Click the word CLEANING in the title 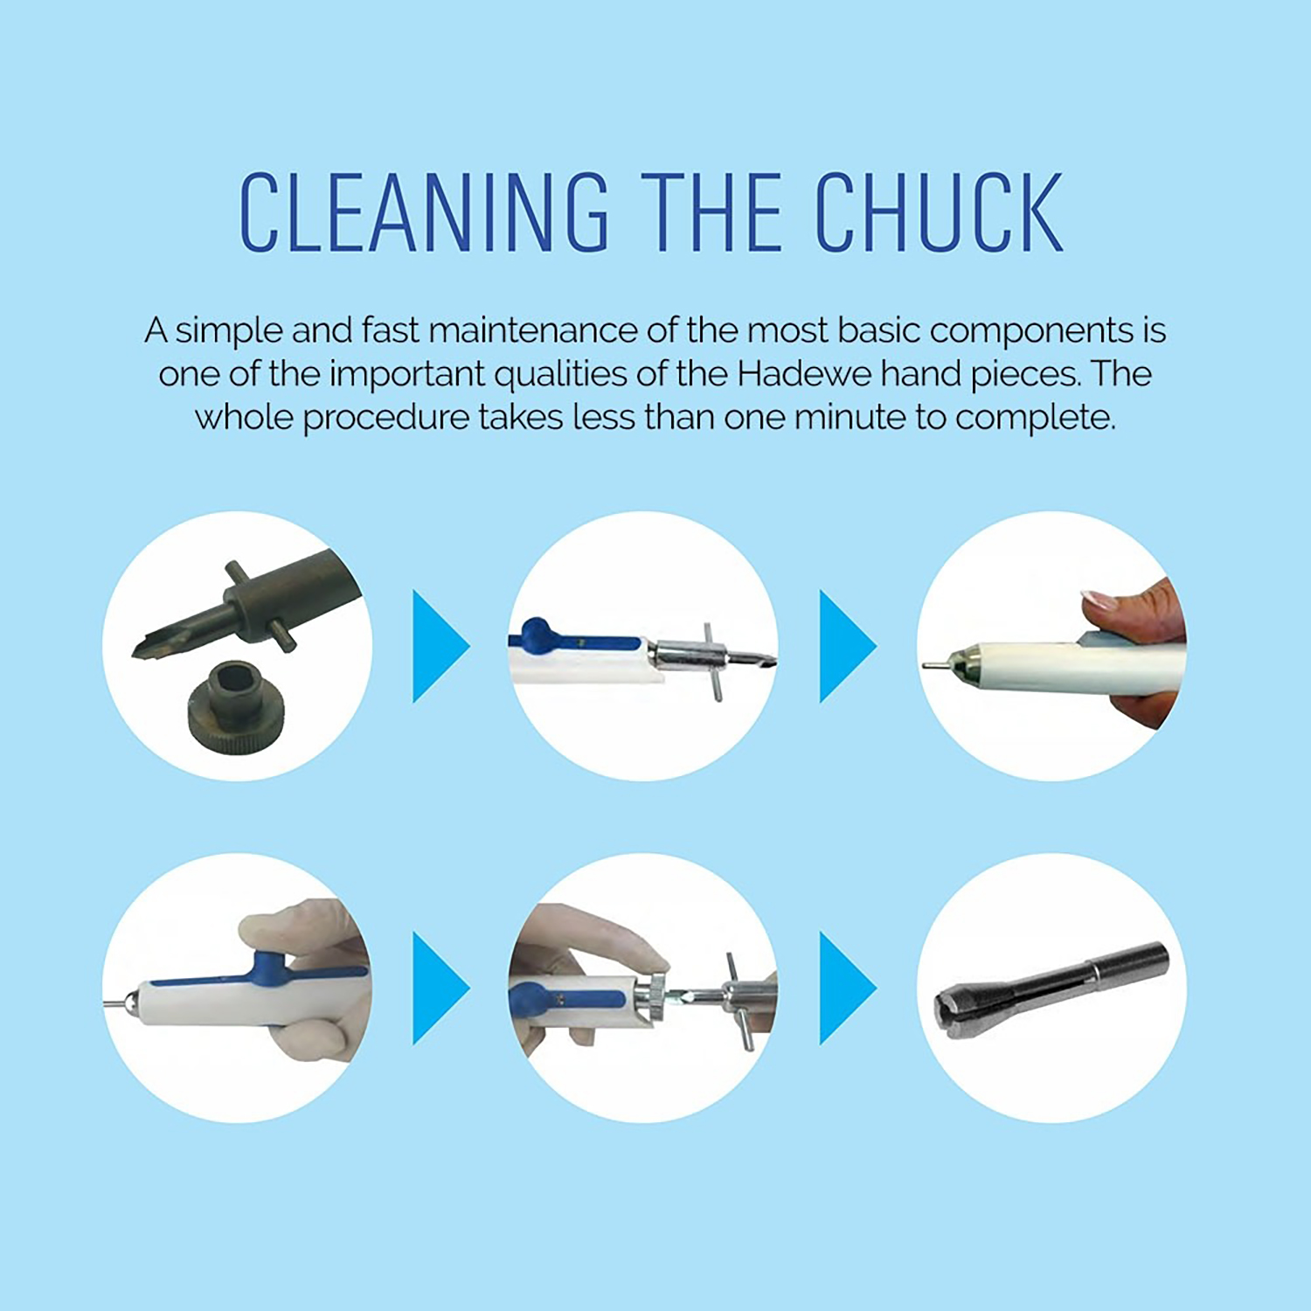(x=424, y=212)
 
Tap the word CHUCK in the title (x=940, y=212)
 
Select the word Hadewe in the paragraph (x=804, y=374)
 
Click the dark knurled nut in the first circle (x=237, y=705)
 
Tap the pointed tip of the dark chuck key (x=135, y=652)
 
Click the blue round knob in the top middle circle (x=536, y=632)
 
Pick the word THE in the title (x=711, y=212)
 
